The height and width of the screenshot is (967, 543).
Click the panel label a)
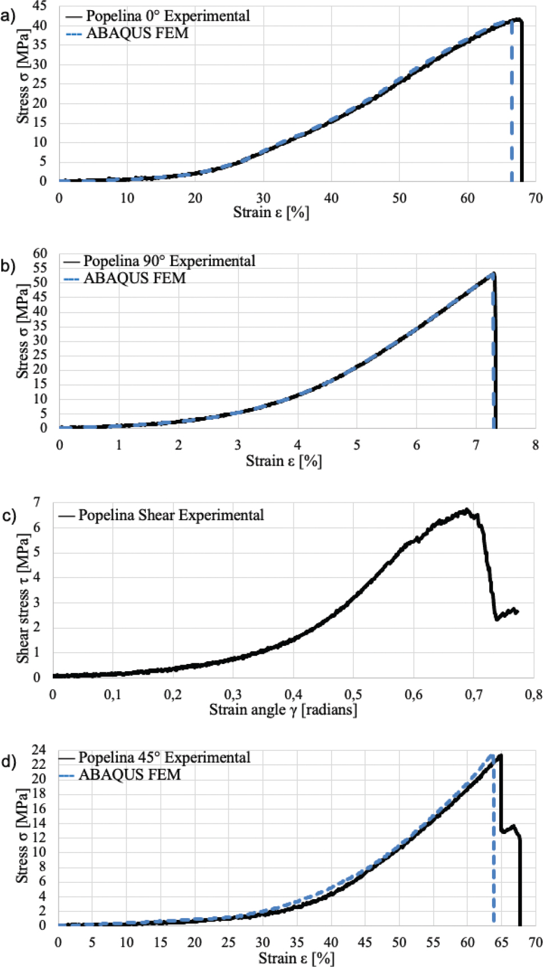[8, 16]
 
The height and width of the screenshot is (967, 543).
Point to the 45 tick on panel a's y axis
[40, 6]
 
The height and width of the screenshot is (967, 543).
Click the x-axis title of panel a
[271, 213]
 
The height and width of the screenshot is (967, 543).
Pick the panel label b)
[8, 265]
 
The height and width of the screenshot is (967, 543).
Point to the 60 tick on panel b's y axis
[40, 253]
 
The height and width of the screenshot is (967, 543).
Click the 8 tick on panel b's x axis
[535, 446]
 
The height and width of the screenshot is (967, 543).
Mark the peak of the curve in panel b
[494, 273]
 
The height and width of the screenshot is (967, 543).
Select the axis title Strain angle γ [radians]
[283, 710]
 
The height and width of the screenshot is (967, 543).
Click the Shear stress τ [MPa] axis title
[22, 598]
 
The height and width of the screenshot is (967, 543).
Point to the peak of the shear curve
[466, 510]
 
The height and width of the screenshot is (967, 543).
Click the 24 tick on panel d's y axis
[39, 750]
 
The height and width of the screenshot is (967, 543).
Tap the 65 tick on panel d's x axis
[501, 942]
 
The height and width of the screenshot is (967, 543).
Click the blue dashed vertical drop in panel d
[494, 842]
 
